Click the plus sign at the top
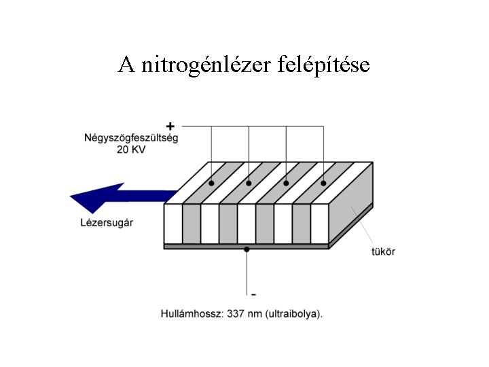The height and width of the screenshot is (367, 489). point(170,126)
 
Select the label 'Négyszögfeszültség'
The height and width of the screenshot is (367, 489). point(131,138)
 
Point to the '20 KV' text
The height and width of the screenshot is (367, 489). point(132,150)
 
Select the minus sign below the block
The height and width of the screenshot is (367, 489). point(254,294)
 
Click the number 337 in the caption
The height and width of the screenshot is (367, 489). point(235,314)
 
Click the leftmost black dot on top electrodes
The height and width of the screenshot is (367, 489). point(211,183)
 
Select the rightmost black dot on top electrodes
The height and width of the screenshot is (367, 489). point(323,183)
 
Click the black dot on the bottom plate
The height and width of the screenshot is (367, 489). point(247,250)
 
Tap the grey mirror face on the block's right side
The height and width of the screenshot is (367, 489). point(353,204)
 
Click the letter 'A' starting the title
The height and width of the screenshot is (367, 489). point(125,65)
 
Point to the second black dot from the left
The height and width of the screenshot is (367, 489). point(249,183)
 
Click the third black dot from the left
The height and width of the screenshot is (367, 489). point(286,183)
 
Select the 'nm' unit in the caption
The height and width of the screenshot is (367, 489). point(253,314)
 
